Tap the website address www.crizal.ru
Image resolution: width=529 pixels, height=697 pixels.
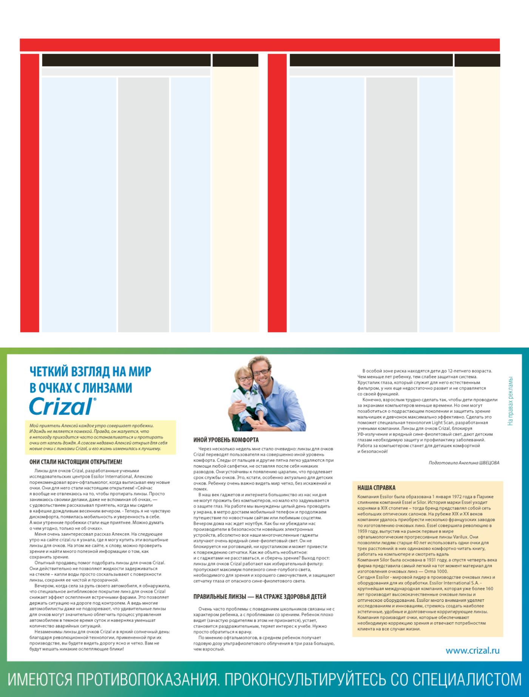pos(472,651)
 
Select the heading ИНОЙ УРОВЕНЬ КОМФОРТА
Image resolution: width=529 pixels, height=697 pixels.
pos(226,440)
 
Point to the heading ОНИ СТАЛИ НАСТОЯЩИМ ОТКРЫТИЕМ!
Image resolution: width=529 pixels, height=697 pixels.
pos(76,462)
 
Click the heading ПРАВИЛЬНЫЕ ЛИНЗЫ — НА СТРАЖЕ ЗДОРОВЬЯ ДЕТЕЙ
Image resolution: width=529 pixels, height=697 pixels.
pos(259,597)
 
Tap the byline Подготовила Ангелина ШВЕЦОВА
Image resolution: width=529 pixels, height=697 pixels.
pos(464,463)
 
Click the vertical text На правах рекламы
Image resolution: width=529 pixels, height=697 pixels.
pos(510,401)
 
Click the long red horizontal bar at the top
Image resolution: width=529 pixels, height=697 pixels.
pos(259,45)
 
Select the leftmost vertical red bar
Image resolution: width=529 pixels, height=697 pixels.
pos(29,193)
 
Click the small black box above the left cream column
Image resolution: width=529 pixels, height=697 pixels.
pos(235,60)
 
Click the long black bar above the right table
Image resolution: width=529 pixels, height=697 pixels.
pos(371,60)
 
